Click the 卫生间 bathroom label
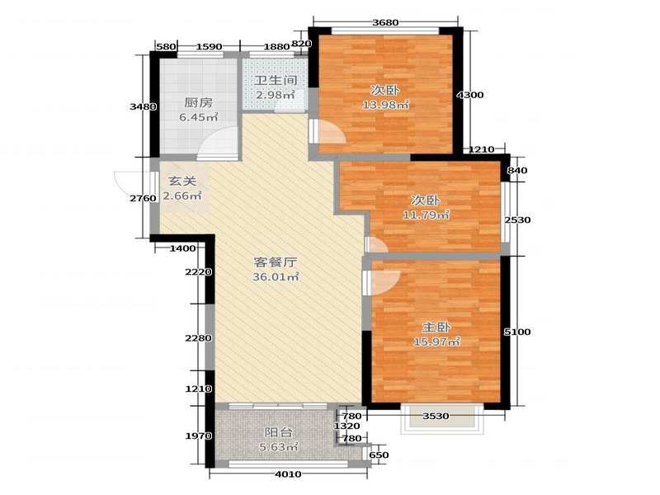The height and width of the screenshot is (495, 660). pyautogui.click(x=276, y=80)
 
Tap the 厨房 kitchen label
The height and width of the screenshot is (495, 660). pyautogui.click(x=198, y=102)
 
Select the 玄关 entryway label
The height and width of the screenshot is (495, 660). pyautogui.click(x=182, y=181)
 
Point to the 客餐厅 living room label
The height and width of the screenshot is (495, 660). pyautogui.click(x=276, y=262)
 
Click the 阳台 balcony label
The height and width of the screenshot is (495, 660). pyautogui.click(x=278, y=432)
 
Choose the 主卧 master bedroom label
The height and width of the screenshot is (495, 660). pyautogui.click(x=436, y=327)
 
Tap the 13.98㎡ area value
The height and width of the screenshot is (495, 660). pyautogui.click(x=385, y=105)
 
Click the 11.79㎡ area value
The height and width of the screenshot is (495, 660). pyautogui.click(x=426, y=215)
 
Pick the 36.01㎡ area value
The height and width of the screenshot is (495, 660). pyautogui.click(x=276, y=277)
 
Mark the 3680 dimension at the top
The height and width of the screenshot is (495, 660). pyautogui.click(x=385, y=22)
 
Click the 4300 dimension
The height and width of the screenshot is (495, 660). pyautogui.click(x=470, y=95)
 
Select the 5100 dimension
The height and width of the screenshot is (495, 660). pyautogui.click(x=517, y=332)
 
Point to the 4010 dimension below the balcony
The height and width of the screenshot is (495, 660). pyautogui.click(x=288, y=474)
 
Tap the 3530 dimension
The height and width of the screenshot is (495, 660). pyautogui.click(x=436, y=416)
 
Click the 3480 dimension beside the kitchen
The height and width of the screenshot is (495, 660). pyautogui.click(x=143, y=106)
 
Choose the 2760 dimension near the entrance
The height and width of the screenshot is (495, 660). pyautogui.click(x=143, y=198)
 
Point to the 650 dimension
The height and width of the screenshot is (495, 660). pyautogui.click(x=379, y=455)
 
